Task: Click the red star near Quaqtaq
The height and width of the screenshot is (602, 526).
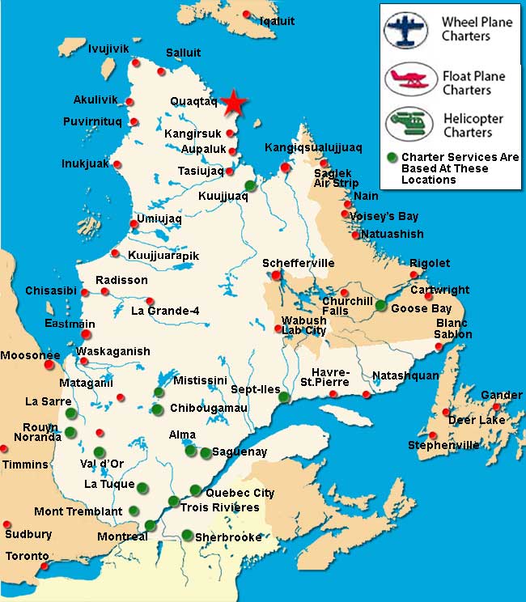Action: tap(234, 102)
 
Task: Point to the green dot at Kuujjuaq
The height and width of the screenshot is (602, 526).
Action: tap(250, 186)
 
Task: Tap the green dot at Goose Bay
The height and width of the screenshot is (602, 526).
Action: tap(381, 305)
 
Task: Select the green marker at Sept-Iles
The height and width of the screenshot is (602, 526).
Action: tap(284, 396)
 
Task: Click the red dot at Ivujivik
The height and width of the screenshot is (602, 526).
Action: tap(136, 62)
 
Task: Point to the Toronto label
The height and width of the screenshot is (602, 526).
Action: tap(28, 557)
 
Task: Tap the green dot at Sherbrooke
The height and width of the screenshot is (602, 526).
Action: tap(187, 535)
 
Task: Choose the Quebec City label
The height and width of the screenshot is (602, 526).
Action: tap(240, 493)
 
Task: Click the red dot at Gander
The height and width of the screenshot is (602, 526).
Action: tap(497, 406)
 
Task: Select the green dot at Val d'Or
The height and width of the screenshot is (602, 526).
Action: tap(100, 451)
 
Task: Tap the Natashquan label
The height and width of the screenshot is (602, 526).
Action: tap(405, 376)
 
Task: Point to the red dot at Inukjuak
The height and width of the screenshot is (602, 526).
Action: tap(117, 164)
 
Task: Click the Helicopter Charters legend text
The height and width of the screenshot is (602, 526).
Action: tap(473, 125)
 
